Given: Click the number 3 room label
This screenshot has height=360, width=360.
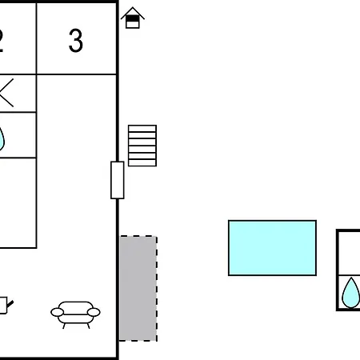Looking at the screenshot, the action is click(76, 40).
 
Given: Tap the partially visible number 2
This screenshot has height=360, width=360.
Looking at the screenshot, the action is click(2, 41).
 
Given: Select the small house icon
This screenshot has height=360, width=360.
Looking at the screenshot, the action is click(133, 18).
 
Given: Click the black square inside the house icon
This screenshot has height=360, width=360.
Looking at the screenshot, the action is click(133, 18).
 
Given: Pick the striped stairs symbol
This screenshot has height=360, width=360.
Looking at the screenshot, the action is click(142, 146).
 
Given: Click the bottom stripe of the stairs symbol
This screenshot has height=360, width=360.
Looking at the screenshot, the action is click(142, 162).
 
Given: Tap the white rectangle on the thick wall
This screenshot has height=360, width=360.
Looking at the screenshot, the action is click(118, 180).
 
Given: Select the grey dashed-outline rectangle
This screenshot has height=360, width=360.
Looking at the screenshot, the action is click(138, 288).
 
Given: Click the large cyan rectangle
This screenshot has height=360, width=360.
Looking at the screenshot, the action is click(272, 248).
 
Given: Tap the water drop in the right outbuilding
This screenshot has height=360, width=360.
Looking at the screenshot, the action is click(351, 294).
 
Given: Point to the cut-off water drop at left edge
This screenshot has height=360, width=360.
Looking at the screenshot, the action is click(2, 138).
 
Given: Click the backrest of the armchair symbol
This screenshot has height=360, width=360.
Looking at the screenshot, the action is click(76, 306).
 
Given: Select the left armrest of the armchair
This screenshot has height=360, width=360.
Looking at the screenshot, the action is click(58, 312).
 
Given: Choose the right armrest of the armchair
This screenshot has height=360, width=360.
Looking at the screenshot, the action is click(94, 312).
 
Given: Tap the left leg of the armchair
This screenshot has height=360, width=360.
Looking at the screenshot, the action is click(64, 326).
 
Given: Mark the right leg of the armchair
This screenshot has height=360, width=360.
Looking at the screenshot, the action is click(88, 326).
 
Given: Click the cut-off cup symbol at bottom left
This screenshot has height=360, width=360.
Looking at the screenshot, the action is click(6, 306).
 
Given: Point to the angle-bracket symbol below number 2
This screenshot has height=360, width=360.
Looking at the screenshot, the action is click(6, 93).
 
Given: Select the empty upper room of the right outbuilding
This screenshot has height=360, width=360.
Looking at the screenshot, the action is click(350, 253).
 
